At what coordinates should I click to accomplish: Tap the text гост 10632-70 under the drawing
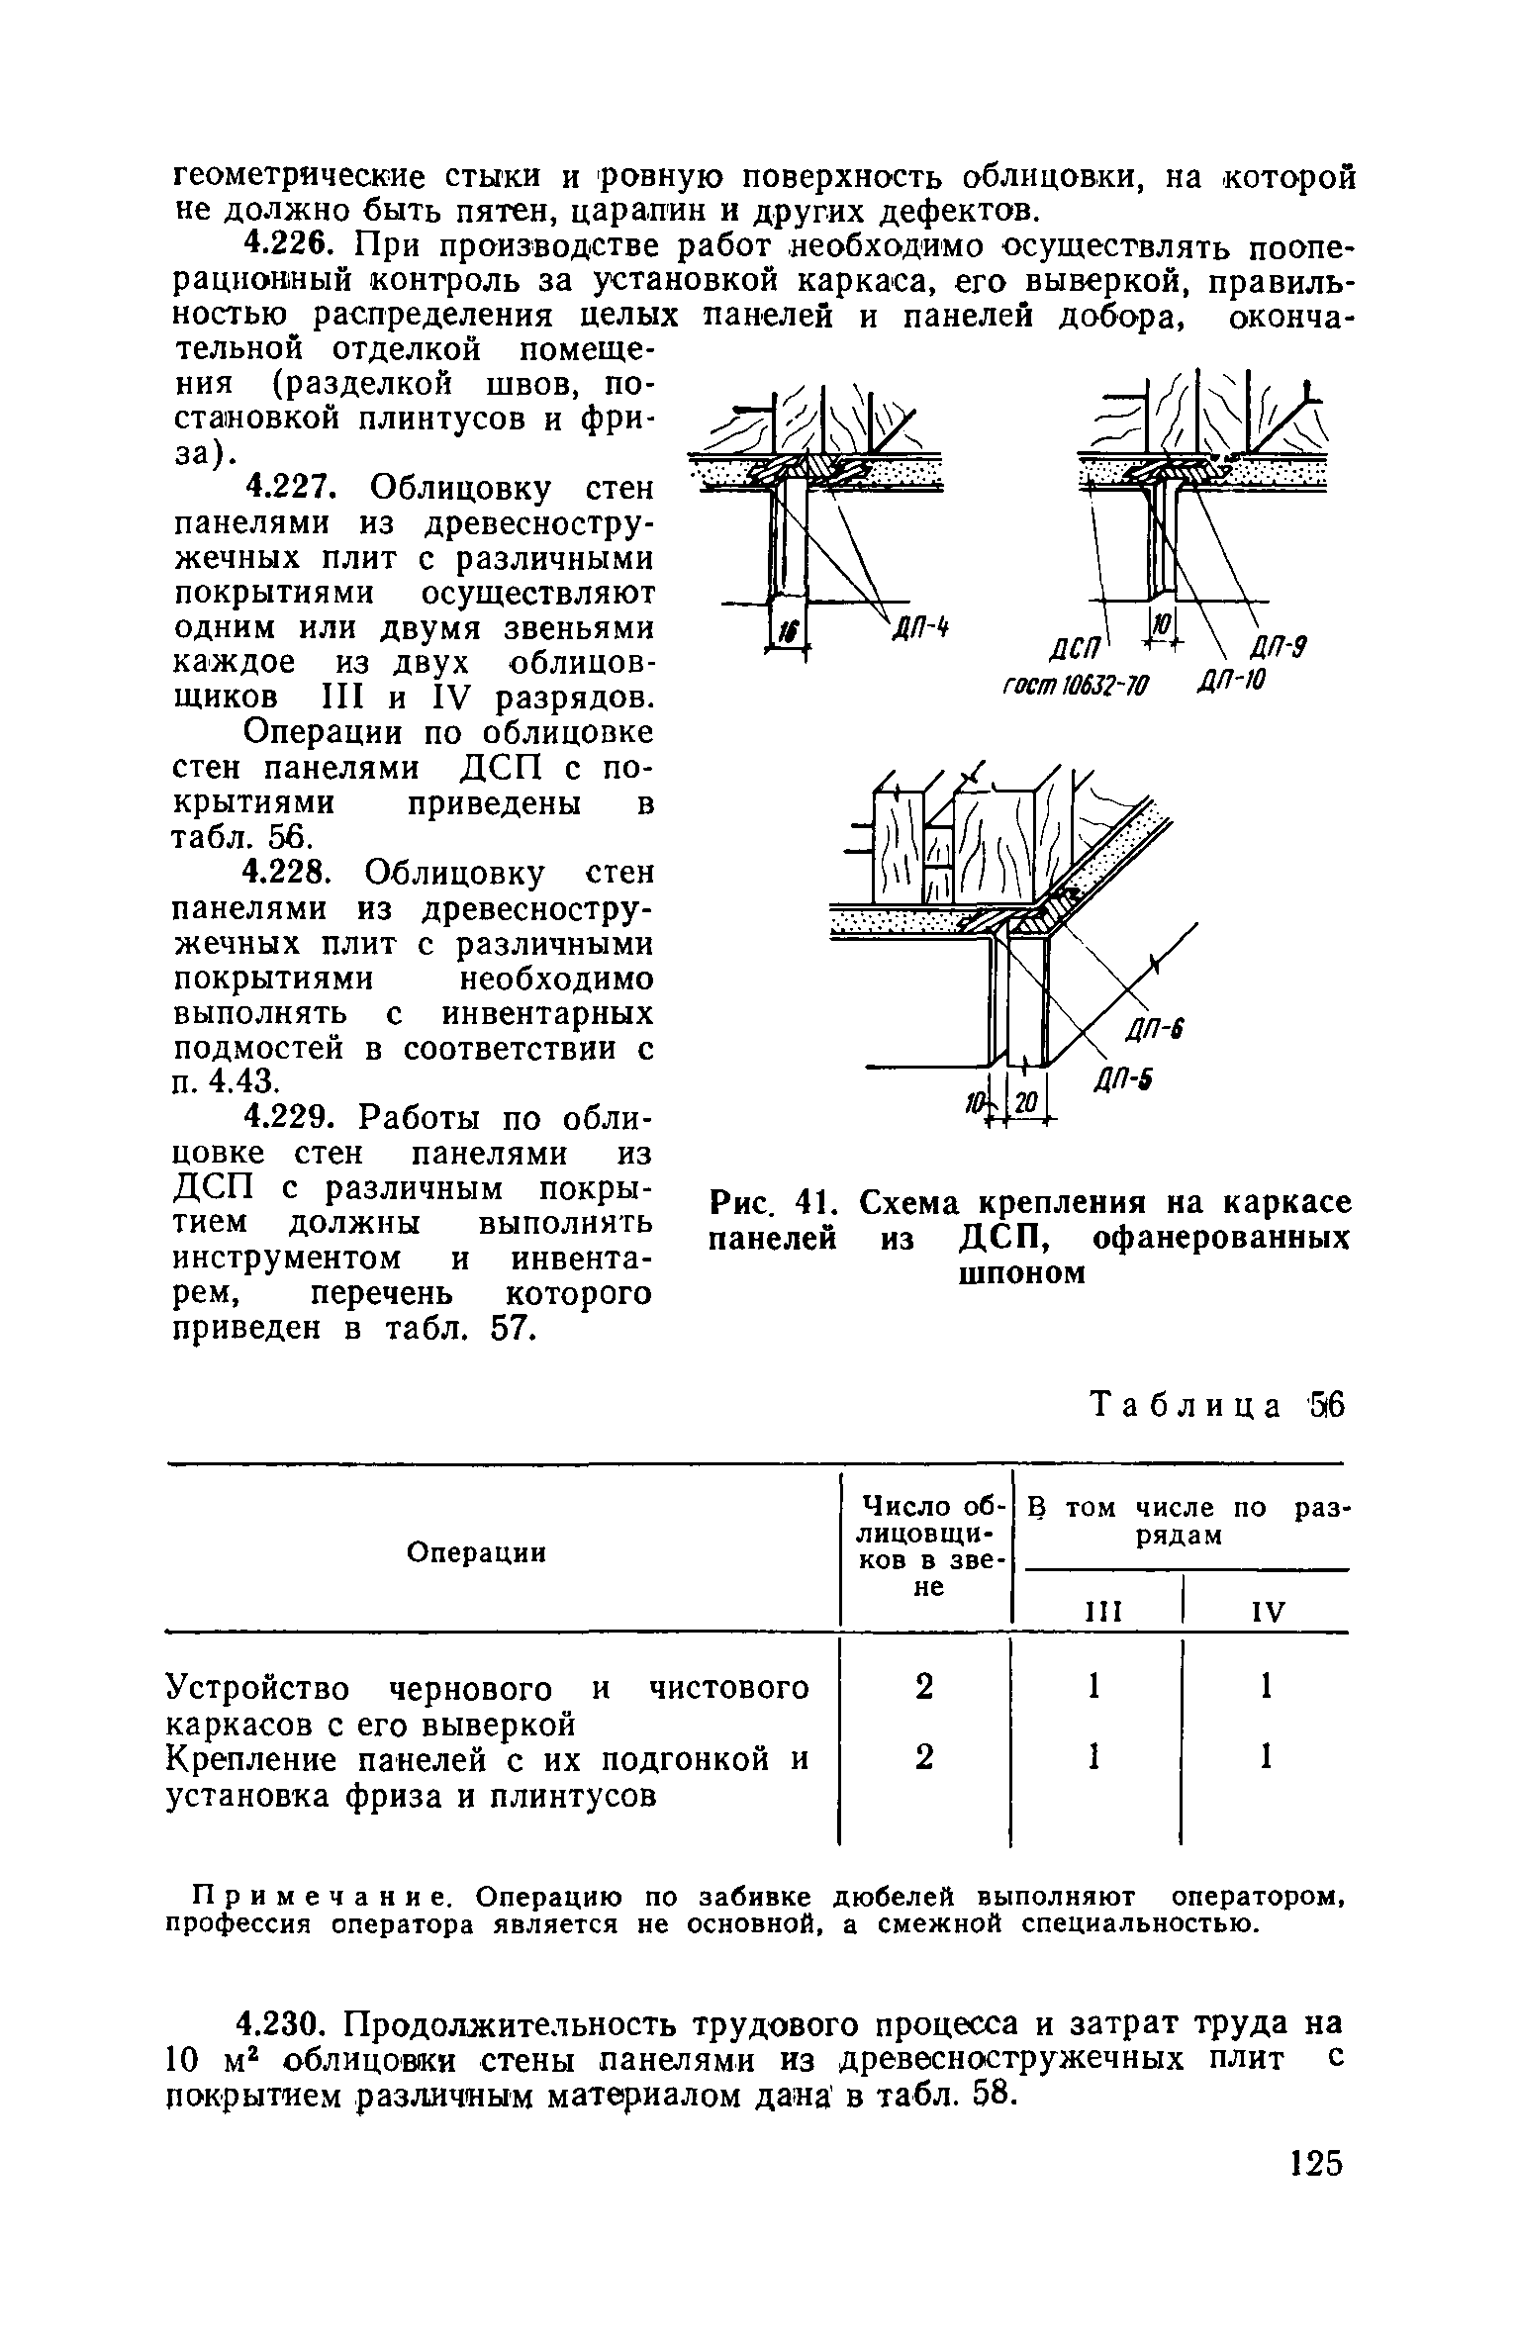click(1071, 684)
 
